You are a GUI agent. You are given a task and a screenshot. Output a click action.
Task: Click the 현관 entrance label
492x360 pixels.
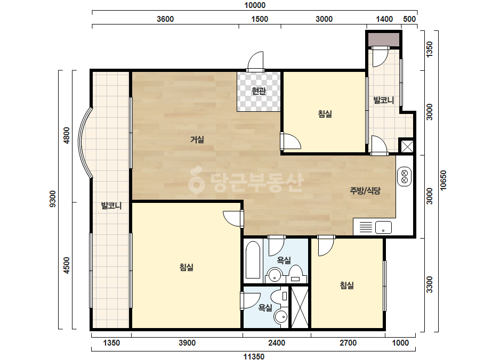tap(259, 91)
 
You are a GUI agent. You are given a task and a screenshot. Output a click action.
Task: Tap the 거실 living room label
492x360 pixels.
tap(197, 139)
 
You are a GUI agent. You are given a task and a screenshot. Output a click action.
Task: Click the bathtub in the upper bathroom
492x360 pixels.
tap(253, 260)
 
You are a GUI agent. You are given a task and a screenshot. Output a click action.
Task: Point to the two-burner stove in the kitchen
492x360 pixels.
tap(404, 177)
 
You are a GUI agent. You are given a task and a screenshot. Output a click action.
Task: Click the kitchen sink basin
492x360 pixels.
tap(383, 227)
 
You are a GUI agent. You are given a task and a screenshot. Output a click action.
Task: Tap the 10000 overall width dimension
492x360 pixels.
tap(255, 5)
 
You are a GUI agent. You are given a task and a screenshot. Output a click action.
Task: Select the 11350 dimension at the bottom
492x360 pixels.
tap(254, 356)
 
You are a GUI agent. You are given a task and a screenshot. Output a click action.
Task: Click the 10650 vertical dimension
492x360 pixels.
tap(443, 181)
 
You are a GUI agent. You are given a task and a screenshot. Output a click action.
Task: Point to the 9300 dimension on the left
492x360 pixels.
tap(53, 199)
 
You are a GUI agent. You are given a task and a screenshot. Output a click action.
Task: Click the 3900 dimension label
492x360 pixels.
tap(187, 343)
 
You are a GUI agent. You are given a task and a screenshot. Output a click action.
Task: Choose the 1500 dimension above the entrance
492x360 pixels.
tap(260, 19)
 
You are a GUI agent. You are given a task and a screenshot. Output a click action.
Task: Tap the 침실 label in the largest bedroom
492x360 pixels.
tap(187, 267)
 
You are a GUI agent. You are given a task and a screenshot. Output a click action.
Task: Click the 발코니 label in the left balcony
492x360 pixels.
tap(111, 206)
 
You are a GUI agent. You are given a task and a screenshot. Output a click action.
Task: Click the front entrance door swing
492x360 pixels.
tap(255, 61)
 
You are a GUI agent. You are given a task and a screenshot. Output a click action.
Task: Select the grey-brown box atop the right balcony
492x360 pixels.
tap(383, 39)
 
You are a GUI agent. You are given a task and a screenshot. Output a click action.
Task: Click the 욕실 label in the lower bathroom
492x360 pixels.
tap(265, 308)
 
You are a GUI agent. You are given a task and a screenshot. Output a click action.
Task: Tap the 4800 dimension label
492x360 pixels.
tap(67, 135)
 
